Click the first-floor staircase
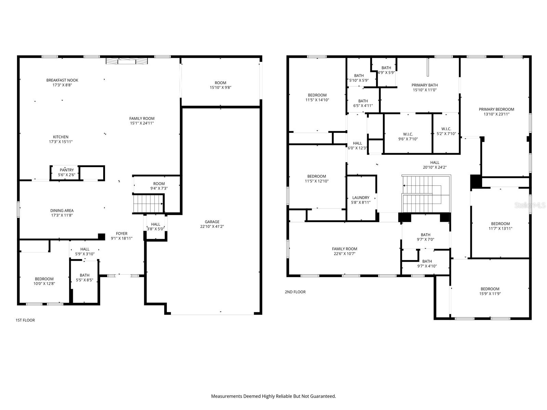[x=148, y=203]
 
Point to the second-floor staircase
[x=426, y=194]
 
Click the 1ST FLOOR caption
[x=25, y=320]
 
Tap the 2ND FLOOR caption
[x=295, y=292]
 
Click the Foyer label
[x=121, y=234]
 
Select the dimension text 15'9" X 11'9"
[x=490, y=293]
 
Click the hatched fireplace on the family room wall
[x=127, y=61]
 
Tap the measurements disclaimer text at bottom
[x=273, y=396]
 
